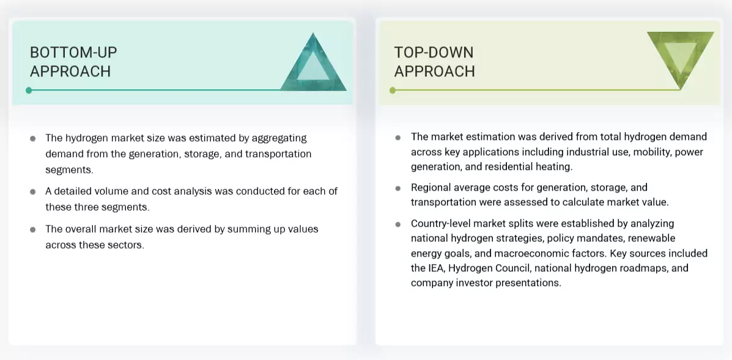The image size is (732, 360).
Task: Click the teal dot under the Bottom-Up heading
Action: pyautogui.click(x=29, y=90)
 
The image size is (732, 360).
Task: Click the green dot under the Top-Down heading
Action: pyautogui.click(x=393, y=90)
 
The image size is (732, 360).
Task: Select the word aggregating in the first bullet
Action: pyautogui.click(x=279, y=138)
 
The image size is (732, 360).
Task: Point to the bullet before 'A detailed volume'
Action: pyautogui.click(x=33, y=192)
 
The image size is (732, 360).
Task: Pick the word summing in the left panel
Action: pyautogui.click(x=246, y=229)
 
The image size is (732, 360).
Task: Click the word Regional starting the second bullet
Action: pyautogui.click(x=433, y=188)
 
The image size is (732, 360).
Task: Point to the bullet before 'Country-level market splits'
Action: pyautogui.click(x=398, y=224)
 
